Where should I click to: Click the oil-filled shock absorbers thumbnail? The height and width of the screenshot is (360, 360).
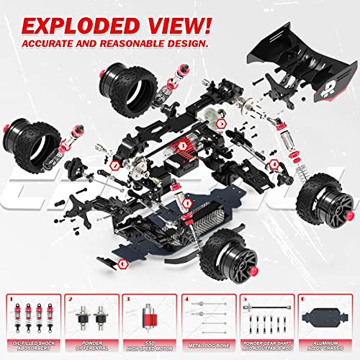(x=31, y=317)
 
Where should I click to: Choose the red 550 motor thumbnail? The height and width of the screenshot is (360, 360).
(x=150, y=318)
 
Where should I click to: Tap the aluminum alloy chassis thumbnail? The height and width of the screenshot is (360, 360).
(x=328, y=318)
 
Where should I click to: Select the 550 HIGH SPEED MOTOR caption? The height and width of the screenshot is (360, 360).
(x=150, y=344)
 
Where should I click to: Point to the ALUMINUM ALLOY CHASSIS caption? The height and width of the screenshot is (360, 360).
(x=328, y=344)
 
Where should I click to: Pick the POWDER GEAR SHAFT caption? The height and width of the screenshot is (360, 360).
(x=269, y=341)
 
